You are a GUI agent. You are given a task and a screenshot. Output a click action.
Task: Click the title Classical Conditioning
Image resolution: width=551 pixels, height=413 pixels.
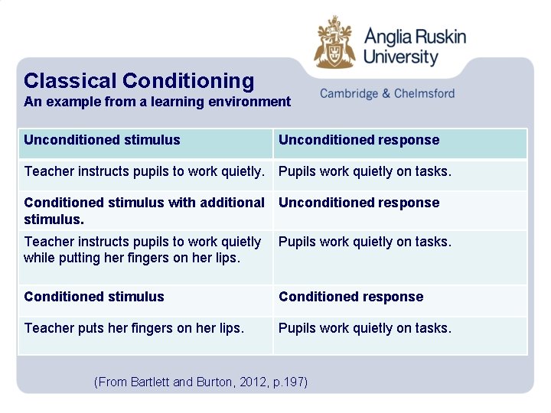click(139, 80)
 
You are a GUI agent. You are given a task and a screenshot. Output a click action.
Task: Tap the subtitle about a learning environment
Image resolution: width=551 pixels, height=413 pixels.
click(157, 102)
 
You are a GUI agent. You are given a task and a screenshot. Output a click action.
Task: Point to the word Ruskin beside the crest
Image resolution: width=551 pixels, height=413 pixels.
click(440, 36)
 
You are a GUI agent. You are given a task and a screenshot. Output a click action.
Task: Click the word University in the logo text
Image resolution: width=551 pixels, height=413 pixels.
click(400, 57)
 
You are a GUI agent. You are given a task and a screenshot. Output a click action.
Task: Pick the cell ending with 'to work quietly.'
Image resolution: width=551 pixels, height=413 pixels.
click(144, 171)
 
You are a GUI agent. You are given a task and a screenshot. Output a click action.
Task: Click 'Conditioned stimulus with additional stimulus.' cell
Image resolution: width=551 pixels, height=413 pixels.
click(144, 210)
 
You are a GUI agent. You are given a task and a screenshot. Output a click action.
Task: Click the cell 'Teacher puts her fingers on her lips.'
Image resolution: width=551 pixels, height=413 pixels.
click(134, 328)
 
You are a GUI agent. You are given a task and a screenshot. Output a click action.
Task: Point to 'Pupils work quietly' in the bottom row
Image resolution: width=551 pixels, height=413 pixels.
click(364, 328)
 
